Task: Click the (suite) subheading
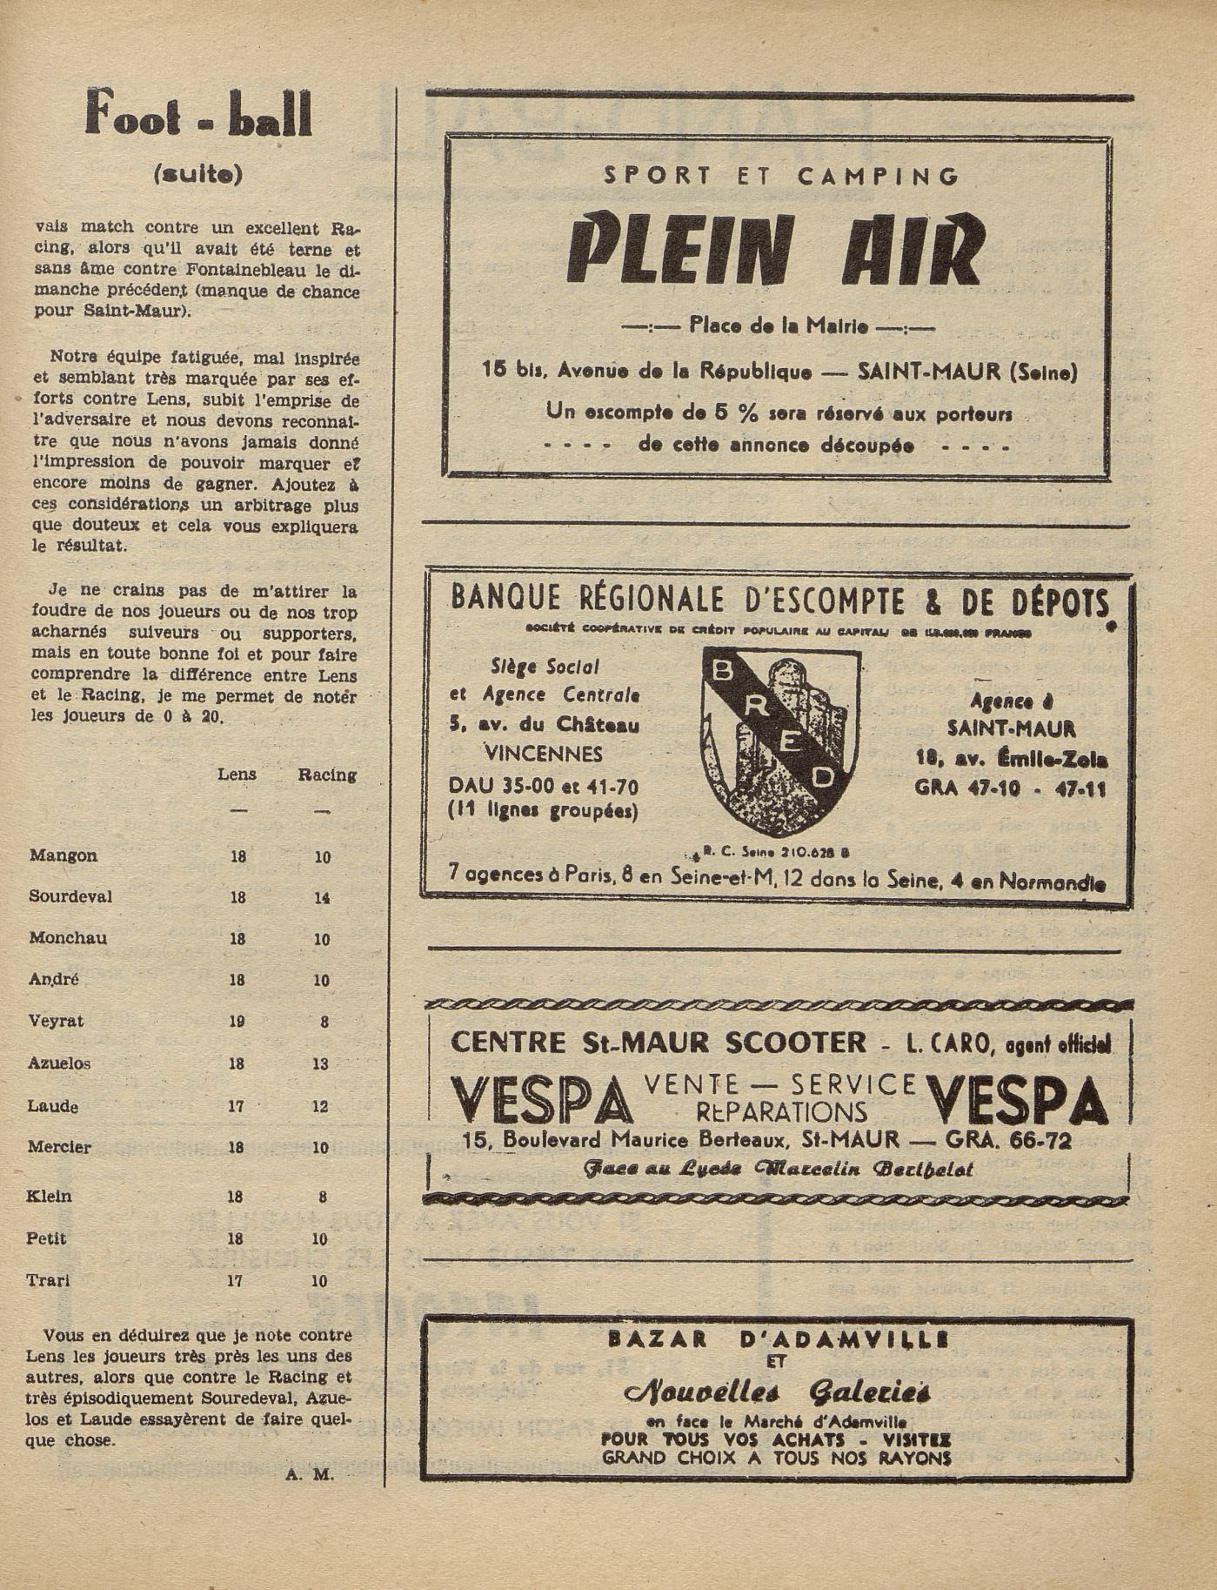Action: (x=197, y=174)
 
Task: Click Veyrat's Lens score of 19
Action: (x=237, y=1022)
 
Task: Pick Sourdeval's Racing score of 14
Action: (x=322, y=897)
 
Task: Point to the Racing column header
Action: (x=327, y=775)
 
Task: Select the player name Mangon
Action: (x=63, y=855)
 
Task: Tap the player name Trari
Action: (x=50, y=1280)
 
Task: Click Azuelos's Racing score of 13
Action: (x=322, y=1063)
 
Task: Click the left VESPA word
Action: (x=542, y=1100)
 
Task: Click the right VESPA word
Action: (x=1016, y=1100)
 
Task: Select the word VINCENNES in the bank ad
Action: (x=543, y=754)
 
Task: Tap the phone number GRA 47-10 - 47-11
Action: (x=1010, y=788)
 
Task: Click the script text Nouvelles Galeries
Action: (x=778, y=1392)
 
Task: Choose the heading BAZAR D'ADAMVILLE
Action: (x=778, y=1340)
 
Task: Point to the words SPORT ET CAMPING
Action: (x=781, y=177)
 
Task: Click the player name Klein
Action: (x=50, y=1196)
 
